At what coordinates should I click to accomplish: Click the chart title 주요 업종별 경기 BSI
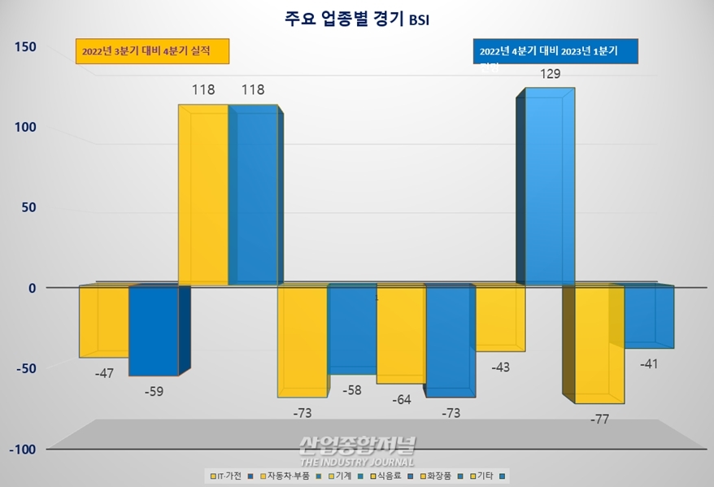pos(358,18)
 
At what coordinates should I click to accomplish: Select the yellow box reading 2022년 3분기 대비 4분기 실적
pos(153,51)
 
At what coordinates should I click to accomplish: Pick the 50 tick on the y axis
pos(28,207)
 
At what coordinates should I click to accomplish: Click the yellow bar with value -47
pos(103,322)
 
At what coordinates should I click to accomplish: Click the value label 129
pos(551,75)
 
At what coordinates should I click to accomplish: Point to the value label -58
pos(352,390)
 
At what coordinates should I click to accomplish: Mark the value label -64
pos(401,399)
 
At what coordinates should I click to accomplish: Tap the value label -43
pos(501,367)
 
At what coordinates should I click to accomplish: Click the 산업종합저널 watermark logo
pos(358,447)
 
